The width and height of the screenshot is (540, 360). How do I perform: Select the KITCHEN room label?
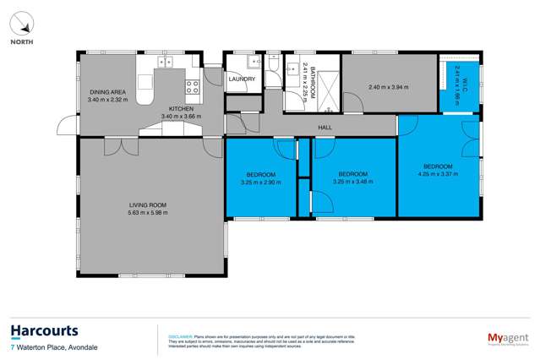(181, 109)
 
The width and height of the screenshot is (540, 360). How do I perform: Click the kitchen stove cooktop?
(193, 85)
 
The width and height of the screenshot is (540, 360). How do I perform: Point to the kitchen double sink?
(164, 62)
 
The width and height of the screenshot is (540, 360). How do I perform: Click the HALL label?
(324, 128)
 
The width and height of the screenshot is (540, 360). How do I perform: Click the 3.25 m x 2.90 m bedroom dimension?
(260, 183)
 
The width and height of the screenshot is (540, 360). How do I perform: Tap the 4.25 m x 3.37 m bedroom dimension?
(437, 174)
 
